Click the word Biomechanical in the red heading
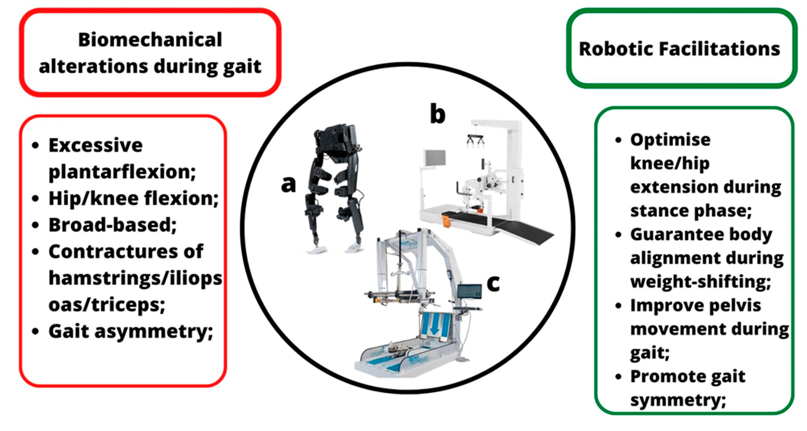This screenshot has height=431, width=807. click(150, 40)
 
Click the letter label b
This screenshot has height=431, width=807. click(437, 115)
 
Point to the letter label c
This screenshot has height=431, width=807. click(493, 283)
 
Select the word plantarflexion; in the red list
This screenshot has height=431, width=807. click(122, 172)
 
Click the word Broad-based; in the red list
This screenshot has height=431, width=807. click(112, 225)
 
